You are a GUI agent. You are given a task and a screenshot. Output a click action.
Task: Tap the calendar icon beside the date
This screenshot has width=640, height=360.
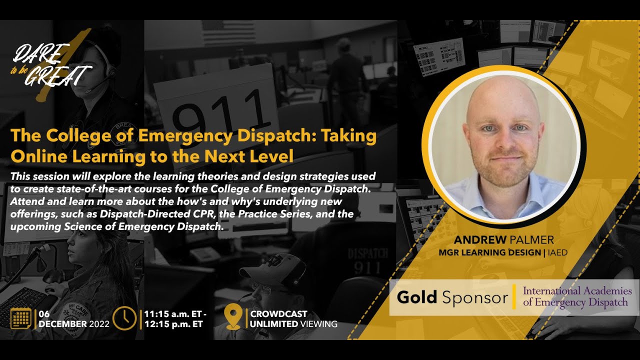pyautogui.click(x=21, y=318)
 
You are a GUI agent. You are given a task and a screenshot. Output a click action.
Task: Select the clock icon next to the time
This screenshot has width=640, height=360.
pyautogui.click(x=124, y=318)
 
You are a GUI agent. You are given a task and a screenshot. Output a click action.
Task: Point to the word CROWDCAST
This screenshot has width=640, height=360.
pyautogui.click(x=278, y=314)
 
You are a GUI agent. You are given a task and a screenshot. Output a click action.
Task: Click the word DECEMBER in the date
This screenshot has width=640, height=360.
pyautogui.click(x=62, y=323)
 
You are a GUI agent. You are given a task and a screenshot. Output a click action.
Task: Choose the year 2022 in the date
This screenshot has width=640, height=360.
pyautogui.click(x=99, y=323)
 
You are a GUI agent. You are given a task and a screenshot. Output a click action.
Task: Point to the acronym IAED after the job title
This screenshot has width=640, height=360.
pyautogui.click(x=558, y=252)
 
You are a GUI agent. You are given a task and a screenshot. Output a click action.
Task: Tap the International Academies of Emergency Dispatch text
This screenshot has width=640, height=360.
pyautogui.click(x=577, y=296)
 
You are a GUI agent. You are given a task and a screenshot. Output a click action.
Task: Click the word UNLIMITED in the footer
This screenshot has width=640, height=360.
pyautogui.click(x=273, y=324)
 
